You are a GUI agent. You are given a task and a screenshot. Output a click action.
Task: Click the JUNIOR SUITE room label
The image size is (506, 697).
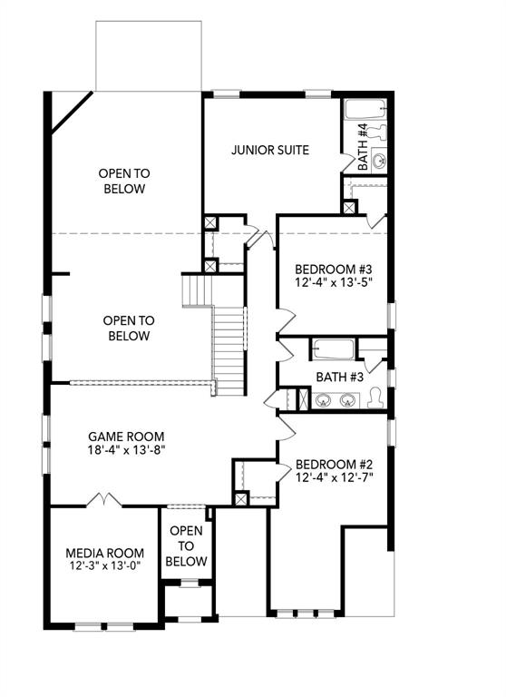pos(270,151)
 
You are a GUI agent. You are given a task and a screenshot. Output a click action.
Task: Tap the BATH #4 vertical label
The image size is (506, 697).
pos(363,147)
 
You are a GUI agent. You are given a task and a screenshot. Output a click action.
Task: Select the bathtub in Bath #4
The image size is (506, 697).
pos(366,111)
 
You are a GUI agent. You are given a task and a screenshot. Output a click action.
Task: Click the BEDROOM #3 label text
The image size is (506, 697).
pos(334,270)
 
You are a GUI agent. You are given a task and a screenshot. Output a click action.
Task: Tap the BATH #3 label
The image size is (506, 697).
pos(339,377)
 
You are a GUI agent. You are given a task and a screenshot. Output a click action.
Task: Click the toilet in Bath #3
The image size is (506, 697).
pos(376,398)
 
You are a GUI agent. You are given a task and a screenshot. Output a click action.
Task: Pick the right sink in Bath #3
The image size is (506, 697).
pos(346,399)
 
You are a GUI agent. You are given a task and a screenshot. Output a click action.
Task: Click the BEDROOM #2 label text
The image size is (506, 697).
pos(335,462)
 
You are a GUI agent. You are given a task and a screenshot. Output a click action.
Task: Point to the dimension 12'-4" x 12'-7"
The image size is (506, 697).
pos(335,476)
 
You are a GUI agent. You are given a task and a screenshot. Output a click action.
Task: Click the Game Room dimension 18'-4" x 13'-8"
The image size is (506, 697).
pos(126,449)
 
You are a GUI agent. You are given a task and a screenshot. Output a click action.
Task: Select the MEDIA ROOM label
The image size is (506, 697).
pos(104,553)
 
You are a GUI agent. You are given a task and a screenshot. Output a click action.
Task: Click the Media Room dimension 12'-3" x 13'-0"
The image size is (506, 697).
pos(104,566)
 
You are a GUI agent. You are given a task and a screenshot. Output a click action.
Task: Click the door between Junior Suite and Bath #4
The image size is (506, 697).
pos(345,161)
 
